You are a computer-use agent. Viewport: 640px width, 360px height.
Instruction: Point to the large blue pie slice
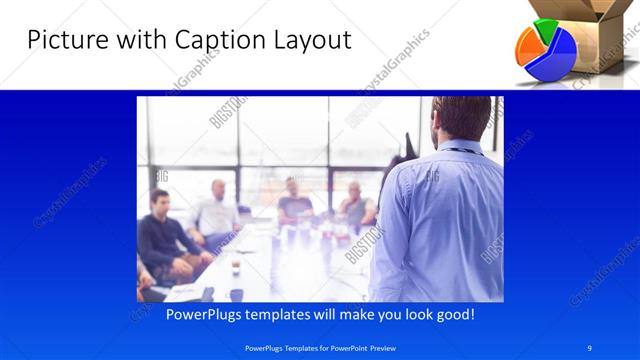coord(555,57)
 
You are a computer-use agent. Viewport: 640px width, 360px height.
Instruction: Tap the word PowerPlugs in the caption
coord(180,314)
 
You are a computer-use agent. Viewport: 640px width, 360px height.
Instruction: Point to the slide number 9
coord(590,346)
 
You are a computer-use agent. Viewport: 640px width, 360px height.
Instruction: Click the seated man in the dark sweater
coord(163,240)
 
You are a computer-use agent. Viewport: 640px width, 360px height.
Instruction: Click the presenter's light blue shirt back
coord(440,220)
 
